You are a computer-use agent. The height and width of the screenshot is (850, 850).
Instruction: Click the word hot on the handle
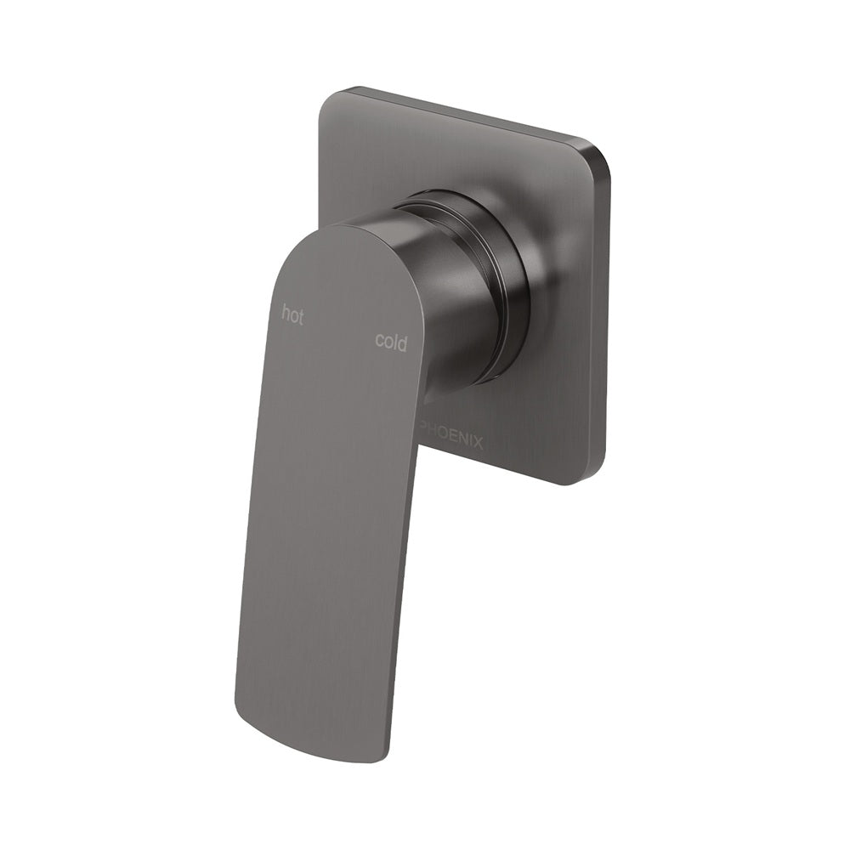292,315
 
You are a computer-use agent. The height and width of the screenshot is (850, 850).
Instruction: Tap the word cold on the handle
391,342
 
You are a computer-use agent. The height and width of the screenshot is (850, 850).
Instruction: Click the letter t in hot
300,316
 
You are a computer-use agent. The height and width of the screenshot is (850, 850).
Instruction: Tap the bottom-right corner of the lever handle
382,756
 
